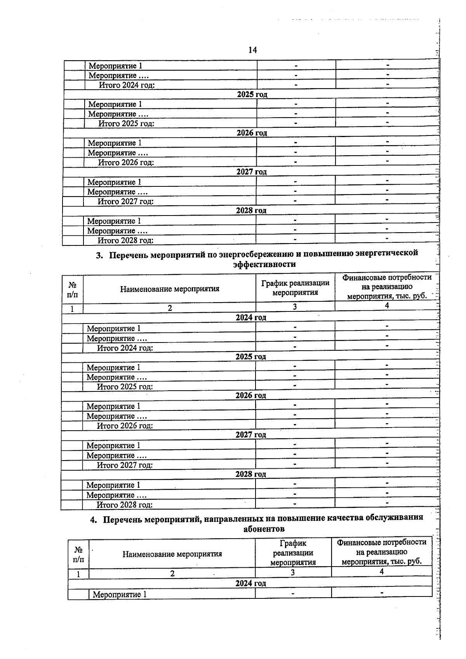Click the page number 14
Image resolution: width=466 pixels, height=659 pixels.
(x=252, y=50)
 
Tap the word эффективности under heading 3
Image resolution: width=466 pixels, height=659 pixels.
(x=264, y=264)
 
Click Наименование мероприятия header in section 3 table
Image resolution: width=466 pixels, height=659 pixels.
(x=169, y=289)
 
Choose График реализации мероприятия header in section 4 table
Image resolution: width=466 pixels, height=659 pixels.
(x=293, y=552)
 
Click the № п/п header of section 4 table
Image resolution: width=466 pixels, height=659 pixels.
(x=78, y=555)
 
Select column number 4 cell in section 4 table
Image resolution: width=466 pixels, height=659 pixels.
(x=382, y=572)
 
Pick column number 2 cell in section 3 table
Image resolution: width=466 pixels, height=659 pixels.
(x=170, y=308)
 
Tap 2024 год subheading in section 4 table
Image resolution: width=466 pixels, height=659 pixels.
(x=250, y=583)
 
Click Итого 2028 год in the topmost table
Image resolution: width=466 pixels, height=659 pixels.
(x=125, y=241)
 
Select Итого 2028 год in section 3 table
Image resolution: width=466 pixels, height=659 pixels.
(x=124, y=505)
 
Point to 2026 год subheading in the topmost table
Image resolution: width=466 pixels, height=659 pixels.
(x=252, y=133)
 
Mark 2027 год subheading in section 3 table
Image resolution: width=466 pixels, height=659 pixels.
(x=250, y=435)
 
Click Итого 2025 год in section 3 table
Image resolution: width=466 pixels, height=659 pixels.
(x=125, y=387)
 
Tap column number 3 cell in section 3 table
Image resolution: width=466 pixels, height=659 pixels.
(x=295, y=307)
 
